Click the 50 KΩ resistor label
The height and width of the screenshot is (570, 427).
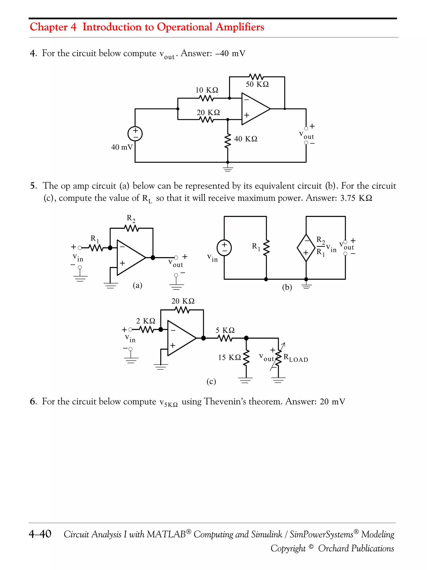click(x=257, y=84)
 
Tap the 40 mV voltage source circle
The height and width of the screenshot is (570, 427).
click(x=135, y=134)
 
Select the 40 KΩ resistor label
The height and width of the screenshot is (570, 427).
click(x=246, y=139)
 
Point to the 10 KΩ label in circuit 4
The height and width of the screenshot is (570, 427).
click(x=207, y=90)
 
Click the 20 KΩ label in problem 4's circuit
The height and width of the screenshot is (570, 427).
click(x=208, y=113)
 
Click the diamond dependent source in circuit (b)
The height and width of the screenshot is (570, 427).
click(x=306, y=248)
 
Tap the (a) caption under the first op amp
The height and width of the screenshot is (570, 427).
click(x=137, y=285)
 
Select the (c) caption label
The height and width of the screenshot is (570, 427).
click(x=211, y=381)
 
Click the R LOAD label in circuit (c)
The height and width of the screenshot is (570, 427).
click(x=295, y=358)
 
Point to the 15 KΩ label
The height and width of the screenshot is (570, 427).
click(x=229, y=357)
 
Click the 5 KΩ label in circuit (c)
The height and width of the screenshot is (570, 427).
click(x=225, y=330)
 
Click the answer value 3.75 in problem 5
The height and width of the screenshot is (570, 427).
click(x=348, y=198)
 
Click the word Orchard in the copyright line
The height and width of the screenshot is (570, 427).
click(x=333, y=548)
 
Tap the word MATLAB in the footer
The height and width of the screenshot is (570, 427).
click(x=166, y=534)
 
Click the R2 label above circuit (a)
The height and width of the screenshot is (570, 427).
click(x=131, y=218)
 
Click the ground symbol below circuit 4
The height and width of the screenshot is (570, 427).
click(x=227, y=169)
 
